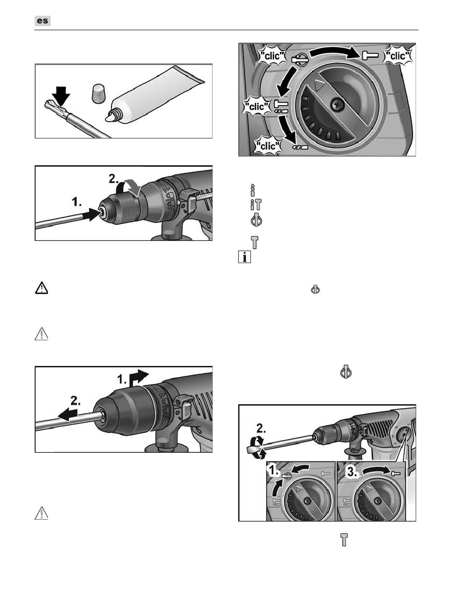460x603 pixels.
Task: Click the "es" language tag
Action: click(43, 21)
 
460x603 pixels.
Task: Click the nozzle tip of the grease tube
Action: click(109, 118)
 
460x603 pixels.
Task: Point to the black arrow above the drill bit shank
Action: click(61, 96)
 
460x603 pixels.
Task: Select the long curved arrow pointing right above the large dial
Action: click(335, 52)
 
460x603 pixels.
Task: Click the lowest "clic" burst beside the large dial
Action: click(268, 146)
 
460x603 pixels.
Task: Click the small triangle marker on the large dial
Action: click(319, 85)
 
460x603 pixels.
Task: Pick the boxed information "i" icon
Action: click(245, 257)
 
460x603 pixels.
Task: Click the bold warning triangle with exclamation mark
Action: click(42, 288)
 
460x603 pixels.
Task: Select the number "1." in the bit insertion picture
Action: click(77, 203)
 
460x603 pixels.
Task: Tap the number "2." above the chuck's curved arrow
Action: click(114, 179)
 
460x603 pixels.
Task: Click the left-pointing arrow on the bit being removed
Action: click(68, 414)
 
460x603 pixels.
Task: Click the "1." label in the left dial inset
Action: click(274, 472)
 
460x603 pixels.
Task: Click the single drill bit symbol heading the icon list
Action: click(253, 190)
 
